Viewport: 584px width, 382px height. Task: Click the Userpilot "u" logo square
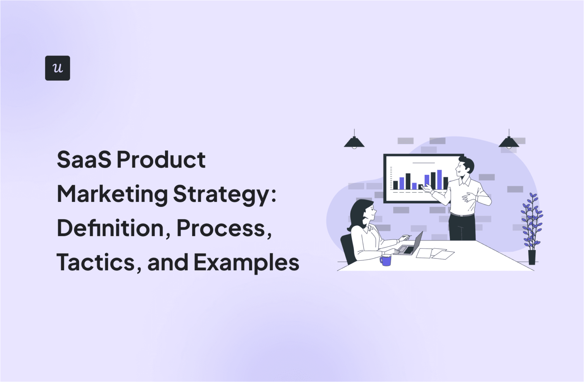[x=57, y=68]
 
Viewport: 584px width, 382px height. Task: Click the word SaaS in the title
[x=84, y=160]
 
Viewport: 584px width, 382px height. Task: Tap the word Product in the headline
[x=161, y=160]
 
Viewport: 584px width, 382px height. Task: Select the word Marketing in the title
[x=112, y=195]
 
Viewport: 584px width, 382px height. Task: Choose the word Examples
[x=246, y=263]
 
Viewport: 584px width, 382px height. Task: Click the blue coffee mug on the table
[x=386, y=260]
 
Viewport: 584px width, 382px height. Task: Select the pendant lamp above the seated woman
[x=354, y=142]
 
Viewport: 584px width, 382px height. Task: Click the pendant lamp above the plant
[x=509, y=142]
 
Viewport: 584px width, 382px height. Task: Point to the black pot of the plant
[x=532, y=257]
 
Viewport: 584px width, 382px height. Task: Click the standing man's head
[x=465, y=166]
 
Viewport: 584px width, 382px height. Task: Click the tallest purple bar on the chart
[x=440, y=179]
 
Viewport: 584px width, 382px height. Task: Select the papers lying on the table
[x=435, y=253]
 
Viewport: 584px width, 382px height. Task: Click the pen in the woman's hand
[x=407, y=236]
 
